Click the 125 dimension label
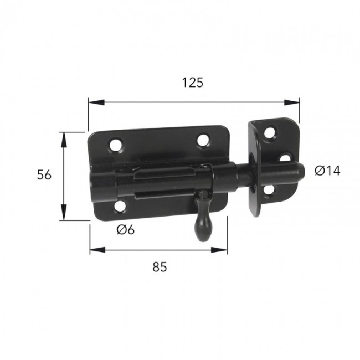[193, 83]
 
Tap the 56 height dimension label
[44, 175]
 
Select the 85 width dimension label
[160, 267]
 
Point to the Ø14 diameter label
[327, 171]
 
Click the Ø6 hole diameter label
[125, 230]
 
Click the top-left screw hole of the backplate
[116, 145]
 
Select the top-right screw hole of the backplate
[203, 140]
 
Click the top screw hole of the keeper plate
[270, 132]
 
